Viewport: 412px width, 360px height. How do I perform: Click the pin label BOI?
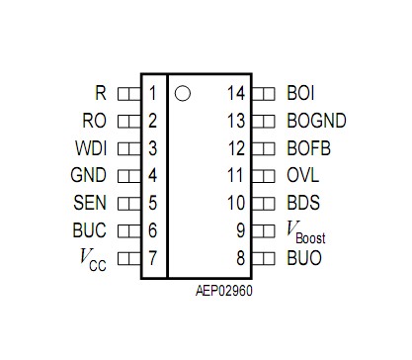tap(301, 94)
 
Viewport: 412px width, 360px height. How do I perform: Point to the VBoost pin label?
tap(305, 232)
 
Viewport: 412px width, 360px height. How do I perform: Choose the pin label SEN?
tap(92, 204)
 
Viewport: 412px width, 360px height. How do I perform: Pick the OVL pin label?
tap(301, 176)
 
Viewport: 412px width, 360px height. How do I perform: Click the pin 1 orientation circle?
tap(182, 94)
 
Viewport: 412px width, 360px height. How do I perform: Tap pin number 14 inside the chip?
tap(235, 94)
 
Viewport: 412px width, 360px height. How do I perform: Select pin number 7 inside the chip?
tap(153, 259)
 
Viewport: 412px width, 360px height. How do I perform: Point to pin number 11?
tap(235, 176)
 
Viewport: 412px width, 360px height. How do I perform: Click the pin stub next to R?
tap(128, 94)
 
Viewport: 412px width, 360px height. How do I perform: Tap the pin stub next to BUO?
tap(263, 259)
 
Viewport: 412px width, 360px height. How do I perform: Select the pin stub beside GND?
tap(128, 176)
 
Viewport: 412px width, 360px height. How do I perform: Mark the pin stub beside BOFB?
tap(263, 149)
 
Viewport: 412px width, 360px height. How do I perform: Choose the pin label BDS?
tap(302, 204)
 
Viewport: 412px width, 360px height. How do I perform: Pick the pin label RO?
tap(96, 122)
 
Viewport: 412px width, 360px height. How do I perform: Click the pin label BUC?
tap(92, 231)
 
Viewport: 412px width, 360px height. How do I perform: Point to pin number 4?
tap(153, 176)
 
